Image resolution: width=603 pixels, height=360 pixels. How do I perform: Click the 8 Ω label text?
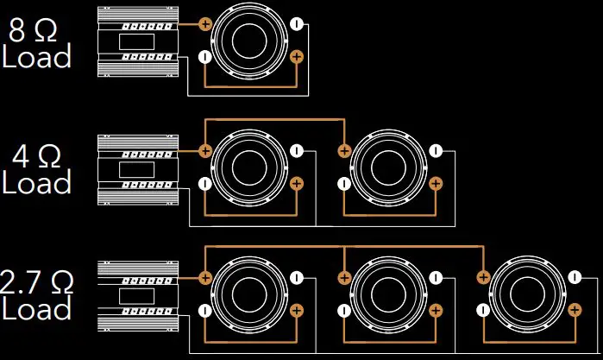pyautogui.click(x=33, y=30)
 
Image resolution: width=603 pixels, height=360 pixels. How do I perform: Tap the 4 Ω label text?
pyautogui.click(x=36, y=156)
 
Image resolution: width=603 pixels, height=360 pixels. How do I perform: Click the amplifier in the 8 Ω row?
pyautogui.click(x=138, y=41)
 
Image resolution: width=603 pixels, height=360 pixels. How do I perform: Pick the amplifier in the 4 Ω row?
pyautogui.click(x=138, y=169)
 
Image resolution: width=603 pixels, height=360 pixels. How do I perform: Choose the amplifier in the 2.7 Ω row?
pyautogui.click(x=138, y=296)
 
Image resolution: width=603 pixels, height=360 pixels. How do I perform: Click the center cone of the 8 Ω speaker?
pyautogui.click(x=249, y=41)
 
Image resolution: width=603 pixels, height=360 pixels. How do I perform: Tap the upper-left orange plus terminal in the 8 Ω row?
pyautogui.click(x=205, y=24)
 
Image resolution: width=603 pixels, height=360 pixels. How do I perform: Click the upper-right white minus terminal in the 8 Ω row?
pyautogui.click(x=297, y=24)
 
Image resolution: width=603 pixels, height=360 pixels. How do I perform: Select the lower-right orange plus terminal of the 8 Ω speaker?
pyautogui.click(x=297, y=57)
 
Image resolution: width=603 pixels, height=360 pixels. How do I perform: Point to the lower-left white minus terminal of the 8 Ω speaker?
pyautogui.click(x=205, y=57)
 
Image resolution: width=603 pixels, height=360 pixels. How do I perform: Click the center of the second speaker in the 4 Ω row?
pyautogui.click(x=388, y=167)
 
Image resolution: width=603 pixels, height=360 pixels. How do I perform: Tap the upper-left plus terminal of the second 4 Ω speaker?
pyautogui.click(x=344, y=150)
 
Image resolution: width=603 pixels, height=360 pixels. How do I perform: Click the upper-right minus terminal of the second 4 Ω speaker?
pyautogui.click(x=436, y=150)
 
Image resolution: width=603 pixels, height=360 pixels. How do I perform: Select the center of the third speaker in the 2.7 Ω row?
pyautogui.click(x=528, y=294)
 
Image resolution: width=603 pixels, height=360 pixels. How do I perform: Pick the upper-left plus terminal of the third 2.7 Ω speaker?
pyautogui.click(x=483, y=277)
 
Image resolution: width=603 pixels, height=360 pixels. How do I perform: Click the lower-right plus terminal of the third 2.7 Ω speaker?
pyautogui.click(x=575, y=310)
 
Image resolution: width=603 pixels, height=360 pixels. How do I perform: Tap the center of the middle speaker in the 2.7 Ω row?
pyautogui.click(x=388, y=294)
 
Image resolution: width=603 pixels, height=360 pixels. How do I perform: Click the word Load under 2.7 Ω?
pyautogui.click(x=37, y=308)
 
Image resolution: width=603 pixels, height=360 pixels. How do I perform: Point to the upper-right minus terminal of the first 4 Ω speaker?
pyautogui.click(x=297, y=150)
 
